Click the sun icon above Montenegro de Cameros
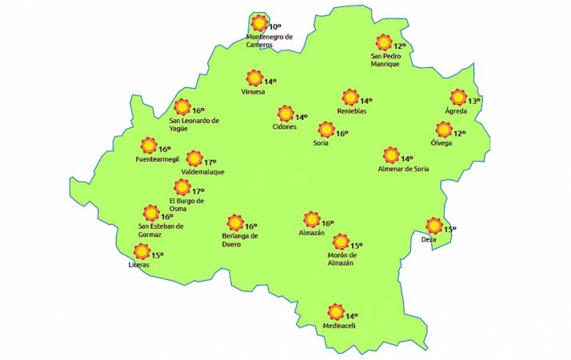click(258, 23)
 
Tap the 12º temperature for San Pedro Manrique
click(400, 46)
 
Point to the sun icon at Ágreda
click(458, 98)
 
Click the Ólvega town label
click(441, 143)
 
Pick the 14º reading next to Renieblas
click(366, 102)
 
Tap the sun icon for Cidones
click(285, 114)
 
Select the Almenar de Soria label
click(404, 169)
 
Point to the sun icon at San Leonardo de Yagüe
click(182, 107)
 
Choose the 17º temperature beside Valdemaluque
click(211, 162)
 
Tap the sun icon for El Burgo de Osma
click(180, 188)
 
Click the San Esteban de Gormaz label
click(161, 230)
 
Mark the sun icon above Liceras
click(141, 251)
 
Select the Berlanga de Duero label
click(240, 239)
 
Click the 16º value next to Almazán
click(327, 224)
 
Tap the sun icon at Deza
click(434, 225)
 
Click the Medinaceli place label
click(337, 326)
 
